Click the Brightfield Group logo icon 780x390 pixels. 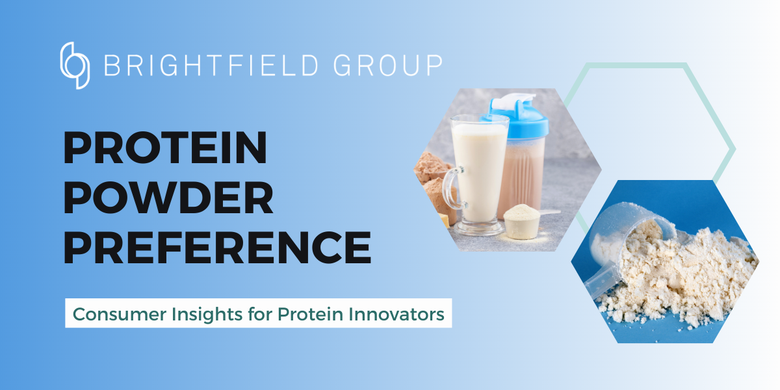click(x=75, y=65)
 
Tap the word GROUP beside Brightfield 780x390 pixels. click(x=389, y=66)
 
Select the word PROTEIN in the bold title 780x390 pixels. click(x=165, y=148)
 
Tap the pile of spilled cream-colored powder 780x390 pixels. click(x=676, y=279)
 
